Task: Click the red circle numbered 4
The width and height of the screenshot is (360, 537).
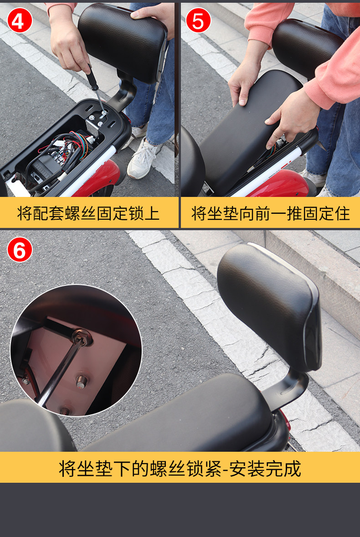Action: point(20,20)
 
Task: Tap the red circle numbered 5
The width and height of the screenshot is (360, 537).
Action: point(198,20)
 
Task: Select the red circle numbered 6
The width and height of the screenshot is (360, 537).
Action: point(20,249)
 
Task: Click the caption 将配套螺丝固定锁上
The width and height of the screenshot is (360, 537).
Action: point(88,213)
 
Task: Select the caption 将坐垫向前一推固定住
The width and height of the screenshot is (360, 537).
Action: point(270,213)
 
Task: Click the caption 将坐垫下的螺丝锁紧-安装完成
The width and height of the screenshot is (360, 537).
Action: point(180,468)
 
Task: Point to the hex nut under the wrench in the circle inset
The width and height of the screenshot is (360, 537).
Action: point(82,337)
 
